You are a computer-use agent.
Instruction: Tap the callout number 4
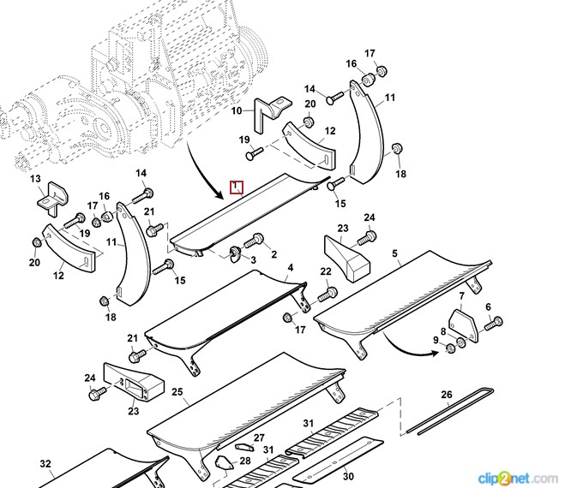tap(290, 268)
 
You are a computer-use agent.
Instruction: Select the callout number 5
tap(395, 254)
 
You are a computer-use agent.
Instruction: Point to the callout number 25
tap(177, 393)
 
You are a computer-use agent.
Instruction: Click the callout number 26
tap(446, 395)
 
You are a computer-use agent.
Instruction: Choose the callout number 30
tap(348, 476)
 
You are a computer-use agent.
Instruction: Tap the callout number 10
tap(237, 111)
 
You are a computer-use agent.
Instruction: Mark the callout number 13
tap(36, 179)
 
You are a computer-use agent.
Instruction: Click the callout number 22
tap(326, 272)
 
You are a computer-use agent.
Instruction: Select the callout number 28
tap(245, 461)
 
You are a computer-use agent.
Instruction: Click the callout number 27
tap(258, 437)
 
